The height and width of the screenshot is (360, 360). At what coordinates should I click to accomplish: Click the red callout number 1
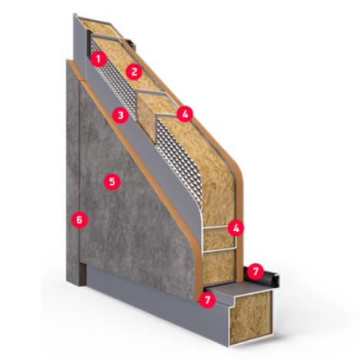tap(98, 59)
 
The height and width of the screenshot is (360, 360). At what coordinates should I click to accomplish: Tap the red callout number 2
tap(134, 71)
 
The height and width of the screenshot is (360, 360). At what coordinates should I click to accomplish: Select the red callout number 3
tap(121, 115)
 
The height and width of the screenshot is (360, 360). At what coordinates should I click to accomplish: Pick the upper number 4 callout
tap(185, 114)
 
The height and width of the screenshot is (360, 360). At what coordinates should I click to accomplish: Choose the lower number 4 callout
tap(236, 228)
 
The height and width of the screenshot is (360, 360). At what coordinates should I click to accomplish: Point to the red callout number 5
tap(112, 182)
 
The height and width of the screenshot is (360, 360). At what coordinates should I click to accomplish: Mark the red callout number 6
tap(79, 220)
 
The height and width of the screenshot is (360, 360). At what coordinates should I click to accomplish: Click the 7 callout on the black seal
tap(256, 271)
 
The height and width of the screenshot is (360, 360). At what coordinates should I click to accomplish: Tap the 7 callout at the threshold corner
tap(207, 299)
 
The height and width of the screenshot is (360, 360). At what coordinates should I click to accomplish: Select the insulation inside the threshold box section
tap(249, 319)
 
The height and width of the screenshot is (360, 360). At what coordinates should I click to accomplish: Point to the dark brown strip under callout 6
tap(82, 274)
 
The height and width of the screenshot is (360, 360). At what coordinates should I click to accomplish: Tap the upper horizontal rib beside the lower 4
tap(215, 227)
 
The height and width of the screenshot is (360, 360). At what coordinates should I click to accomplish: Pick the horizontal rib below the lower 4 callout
tap(220, 249)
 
